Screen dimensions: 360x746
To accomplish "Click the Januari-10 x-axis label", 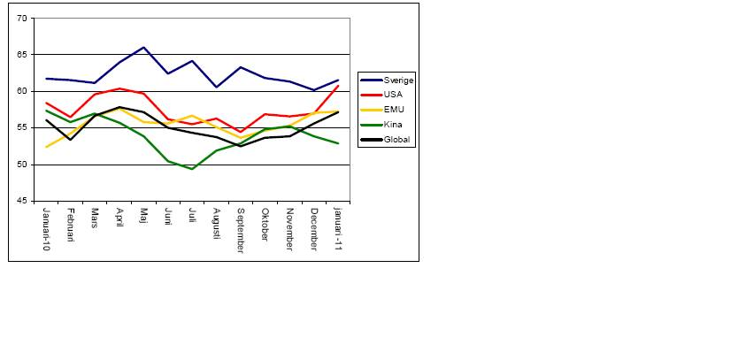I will tap(46, 229).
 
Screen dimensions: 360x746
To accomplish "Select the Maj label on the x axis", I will tap(143, 216).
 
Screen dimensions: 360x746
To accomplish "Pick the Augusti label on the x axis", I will tap(216, 225).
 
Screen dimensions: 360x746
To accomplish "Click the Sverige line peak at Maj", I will tap(143, 47).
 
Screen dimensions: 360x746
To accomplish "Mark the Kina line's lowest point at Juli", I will tap(192, 169).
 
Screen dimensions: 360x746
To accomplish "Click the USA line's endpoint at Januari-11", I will tap(338, 86).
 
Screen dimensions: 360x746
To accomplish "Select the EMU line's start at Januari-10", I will tap(46, 147).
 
